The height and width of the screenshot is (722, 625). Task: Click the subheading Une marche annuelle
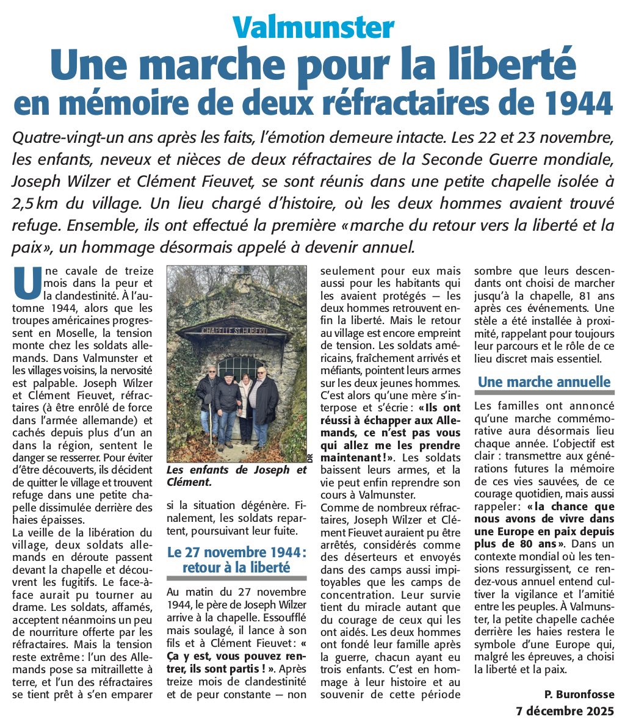coord(544,383)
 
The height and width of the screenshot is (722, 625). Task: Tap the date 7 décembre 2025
coord(565,711)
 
